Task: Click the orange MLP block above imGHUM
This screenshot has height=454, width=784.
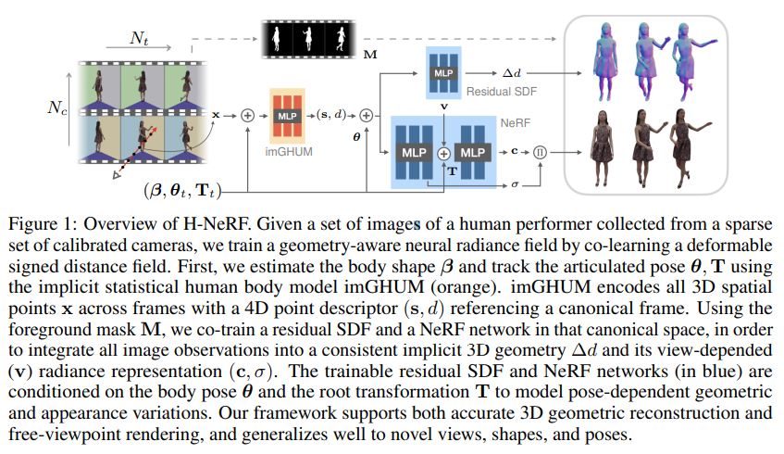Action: tap(287, 115)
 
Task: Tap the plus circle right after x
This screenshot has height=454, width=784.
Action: tap(247, 116)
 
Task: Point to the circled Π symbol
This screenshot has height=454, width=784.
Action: tap(541, 149)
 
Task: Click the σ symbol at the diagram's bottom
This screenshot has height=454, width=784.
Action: tap(515, 184)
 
